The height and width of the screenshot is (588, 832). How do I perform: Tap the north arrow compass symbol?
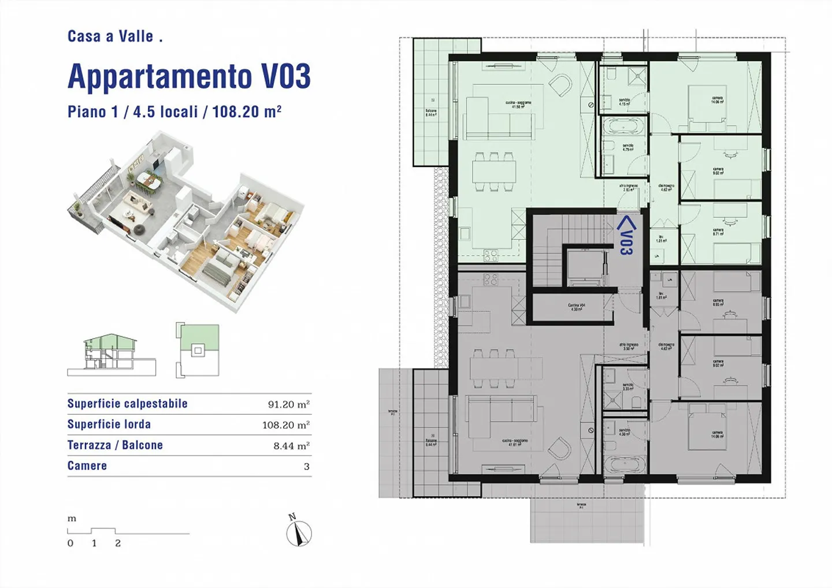[x=299, y=532]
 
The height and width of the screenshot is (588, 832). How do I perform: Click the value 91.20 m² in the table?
[x=288, y=404]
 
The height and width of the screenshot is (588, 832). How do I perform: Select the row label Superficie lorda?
[x=109, y=425]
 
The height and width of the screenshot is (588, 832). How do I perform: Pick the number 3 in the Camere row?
[x=306, y=467]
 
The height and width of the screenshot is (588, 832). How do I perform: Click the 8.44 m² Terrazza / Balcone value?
[x=291, y=446]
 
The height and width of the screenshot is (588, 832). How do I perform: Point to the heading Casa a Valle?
[x=115, y=36]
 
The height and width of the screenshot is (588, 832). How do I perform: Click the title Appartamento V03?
[x=189, y=76]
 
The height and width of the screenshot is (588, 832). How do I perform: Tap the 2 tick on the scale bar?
[x=118, y=543]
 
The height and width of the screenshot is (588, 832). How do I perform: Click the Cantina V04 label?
[x=576, y=307]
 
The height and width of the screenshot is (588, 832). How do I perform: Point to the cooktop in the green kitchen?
[x=491, y=255]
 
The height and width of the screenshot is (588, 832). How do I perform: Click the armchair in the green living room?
[x=560, y=86]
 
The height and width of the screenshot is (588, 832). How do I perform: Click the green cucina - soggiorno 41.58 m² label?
[x=518, y=105]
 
